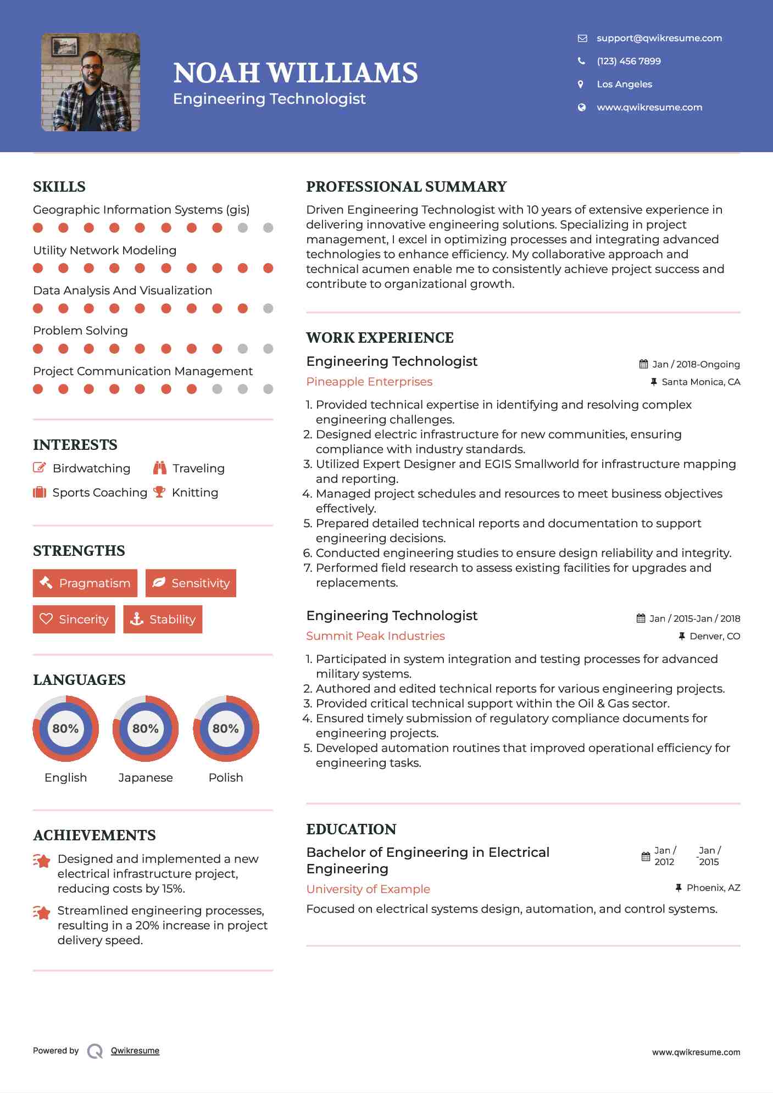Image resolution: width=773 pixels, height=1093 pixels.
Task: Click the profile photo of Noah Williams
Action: tap(91, 82)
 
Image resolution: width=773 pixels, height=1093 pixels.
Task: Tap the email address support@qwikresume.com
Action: tap(659, 38)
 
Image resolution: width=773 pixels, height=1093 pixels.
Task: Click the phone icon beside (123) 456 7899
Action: tap(581, 61)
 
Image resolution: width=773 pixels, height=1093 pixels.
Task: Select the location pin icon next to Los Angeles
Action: tap(581, 84)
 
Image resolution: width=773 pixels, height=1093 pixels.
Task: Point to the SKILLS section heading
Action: tap(59, 187)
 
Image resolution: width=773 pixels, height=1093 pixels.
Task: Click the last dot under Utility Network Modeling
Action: tap(268, 268)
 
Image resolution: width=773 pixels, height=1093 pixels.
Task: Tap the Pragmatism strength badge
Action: tap(85, 583)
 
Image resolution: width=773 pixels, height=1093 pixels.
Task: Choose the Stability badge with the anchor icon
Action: tap(163, 620)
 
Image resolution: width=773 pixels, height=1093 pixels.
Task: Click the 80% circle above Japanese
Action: tap(146, 729)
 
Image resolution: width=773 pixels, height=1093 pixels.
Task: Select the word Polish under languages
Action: tap(226, 778)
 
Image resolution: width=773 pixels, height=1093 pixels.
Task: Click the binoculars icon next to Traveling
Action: tap(159, 468)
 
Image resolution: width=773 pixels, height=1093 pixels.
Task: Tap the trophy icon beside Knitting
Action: tap(159, 492)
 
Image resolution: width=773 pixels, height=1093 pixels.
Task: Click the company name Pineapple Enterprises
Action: tap(369, 382)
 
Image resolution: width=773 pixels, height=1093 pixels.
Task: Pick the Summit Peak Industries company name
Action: tap(375, 636)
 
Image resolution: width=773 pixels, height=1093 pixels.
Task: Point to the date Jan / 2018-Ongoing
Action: tap(696, 364)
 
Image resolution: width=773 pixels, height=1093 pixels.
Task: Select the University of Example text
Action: tap(368, 889)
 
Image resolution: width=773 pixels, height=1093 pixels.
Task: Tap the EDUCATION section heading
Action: tap(351, 829)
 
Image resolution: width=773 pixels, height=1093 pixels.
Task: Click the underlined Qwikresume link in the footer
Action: tap(135, 1051)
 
